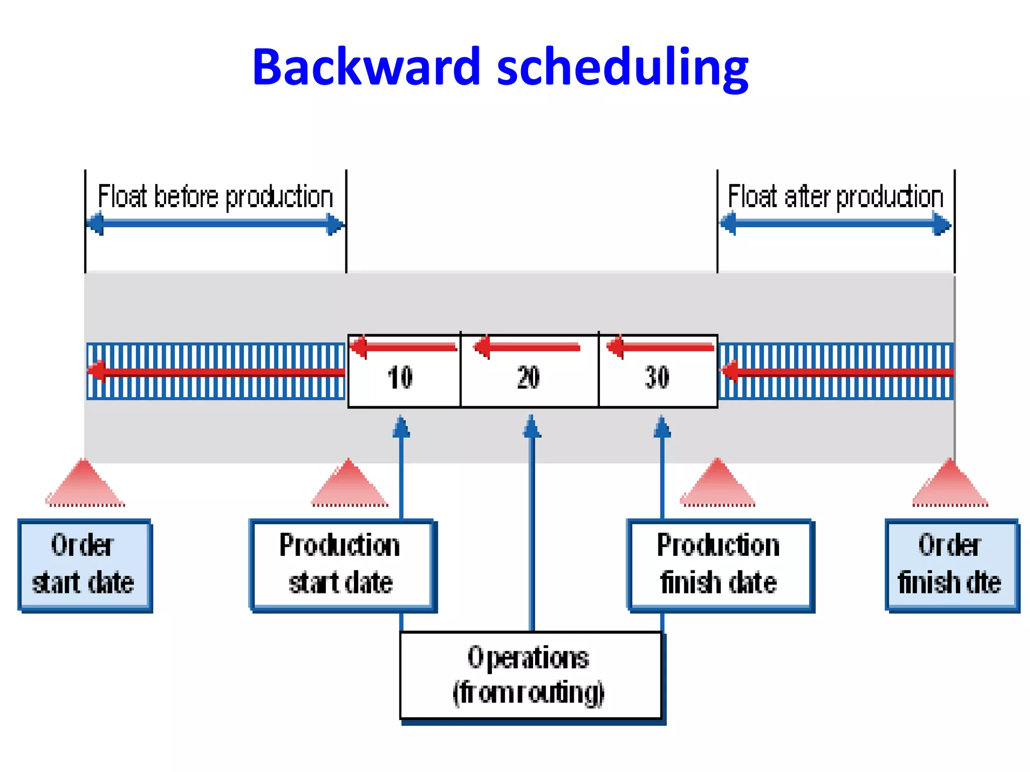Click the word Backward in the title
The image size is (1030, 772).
(x=366, y=67)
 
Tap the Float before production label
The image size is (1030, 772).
(x=215, y=197)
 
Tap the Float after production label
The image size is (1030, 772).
(x=835, y=197)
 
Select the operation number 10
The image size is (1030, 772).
(x=400, y=377)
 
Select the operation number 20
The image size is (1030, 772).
(x=529, y=377)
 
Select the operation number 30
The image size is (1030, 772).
(x=657, y=377)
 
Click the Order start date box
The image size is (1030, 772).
(x=84, y=565)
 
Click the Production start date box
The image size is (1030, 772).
(x=341, y=565)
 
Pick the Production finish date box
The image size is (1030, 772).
(x=719, y=565)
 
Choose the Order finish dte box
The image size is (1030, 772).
(x=950, y=565)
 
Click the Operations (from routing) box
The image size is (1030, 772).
(x=530, y=675)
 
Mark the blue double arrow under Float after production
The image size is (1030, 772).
(x=835, y=224)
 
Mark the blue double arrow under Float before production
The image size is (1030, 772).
(x=215, y=224)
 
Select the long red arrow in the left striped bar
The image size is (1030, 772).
(x=216, y=372)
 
